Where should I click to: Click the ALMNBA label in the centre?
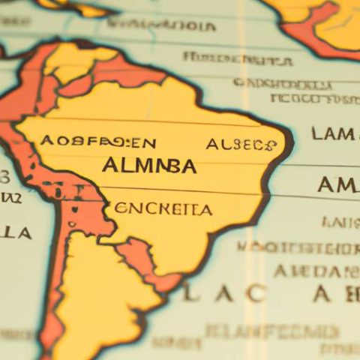(149, 166)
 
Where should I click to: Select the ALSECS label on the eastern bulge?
(241, 144)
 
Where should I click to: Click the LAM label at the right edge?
(334, 135)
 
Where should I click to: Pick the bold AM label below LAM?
(336, 184)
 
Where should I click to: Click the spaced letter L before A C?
(188, 295)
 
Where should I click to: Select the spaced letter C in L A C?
(256, 295)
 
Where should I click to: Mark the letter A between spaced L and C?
(223, 295)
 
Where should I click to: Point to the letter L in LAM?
(316, 135)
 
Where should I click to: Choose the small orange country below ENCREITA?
(142, 259)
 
